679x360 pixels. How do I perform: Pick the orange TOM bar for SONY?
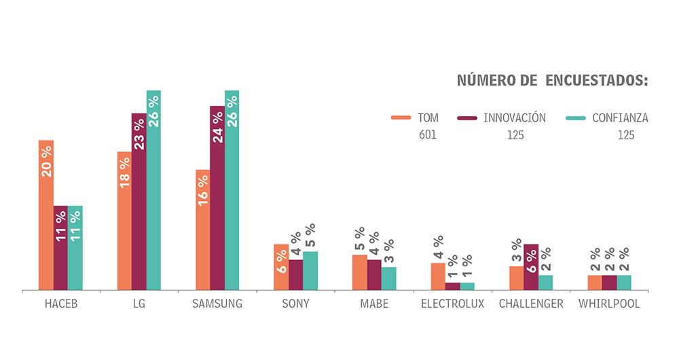(281, 268)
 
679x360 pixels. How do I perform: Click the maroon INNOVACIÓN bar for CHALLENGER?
(531, 268)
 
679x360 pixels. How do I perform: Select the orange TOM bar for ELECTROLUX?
(438, 277)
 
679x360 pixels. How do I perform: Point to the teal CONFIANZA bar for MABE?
(388, 279)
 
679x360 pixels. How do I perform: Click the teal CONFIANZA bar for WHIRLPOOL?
(624, 283)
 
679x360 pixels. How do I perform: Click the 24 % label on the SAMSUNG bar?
(217, 126)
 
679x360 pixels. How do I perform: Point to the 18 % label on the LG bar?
(125, 173)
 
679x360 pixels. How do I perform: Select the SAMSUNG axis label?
(218, 304)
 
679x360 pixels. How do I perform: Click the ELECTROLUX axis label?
(452, 304)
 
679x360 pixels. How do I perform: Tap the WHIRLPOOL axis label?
(609, 304)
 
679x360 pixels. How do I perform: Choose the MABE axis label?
(374, 304)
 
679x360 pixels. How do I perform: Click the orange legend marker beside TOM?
(400, 118)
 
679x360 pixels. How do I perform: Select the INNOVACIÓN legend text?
(514, 118)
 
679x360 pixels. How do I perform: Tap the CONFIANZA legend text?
(620, 118)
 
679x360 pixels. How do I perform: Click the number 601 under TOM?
(428, 135)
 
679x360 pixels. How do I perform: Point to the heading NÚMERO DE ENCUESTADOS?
(552, 81)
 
